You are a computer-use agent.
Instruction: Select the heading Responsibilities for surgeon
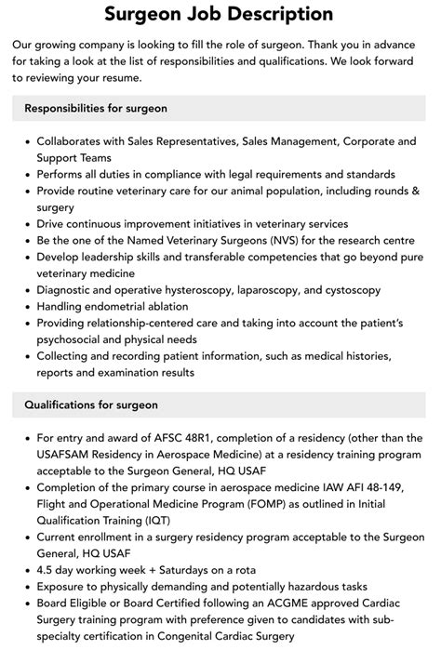point(96,108)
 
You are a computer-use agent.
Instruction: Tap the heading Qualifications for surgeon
point(91,404)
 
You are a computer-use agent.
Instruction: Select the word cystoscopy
point(347,291)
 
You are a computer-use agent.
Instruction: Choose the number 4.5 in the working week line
point(46,570)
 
